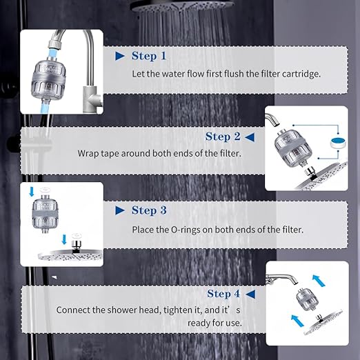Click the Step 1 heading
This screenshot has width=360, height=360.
coord(149,56)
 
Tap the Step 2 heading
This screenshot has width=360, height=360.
coord(223,137)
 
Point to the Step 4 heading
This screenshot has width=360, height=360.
coord(223,294)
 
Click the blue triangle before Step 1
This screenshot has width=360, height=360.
coord(120,56)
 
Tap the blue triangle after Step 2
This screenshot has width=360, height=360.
coord(250,137)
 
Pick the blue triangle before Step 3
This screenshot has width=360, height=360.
coord(120,210)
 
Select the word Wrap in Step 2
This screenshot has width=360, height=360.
coord(88,153)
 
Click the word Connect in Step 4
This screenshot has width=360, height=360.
coord(75,310)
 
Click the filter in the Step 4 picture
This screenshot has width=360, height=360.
coord(306,301)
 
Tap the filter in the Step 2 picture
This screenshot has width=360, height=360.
coord(286,147)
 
